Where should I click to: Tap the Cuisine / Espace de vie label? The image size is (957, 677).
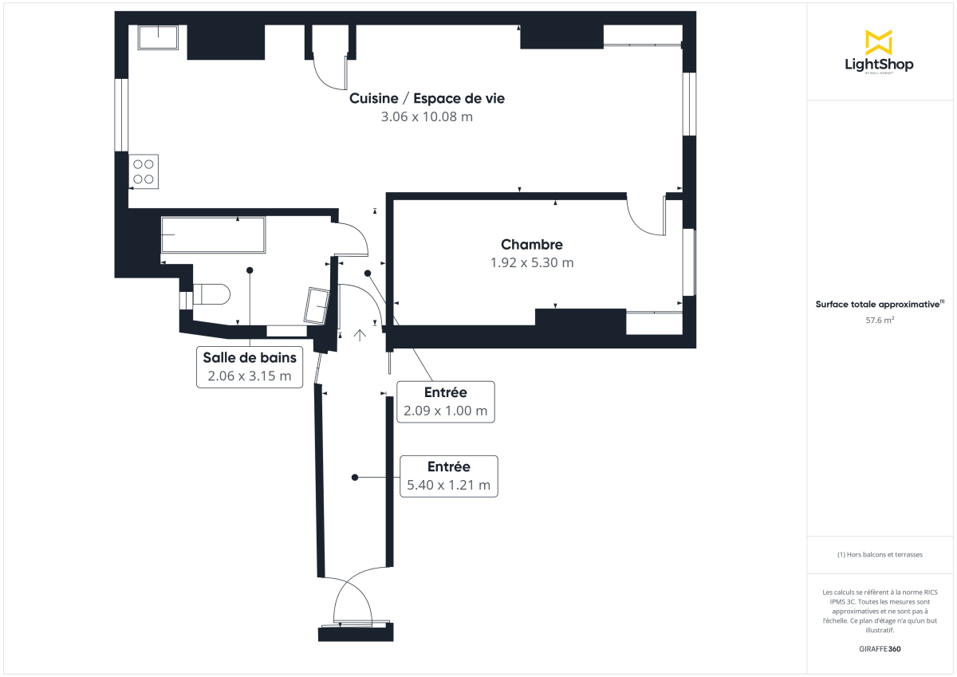click(x=427, y=99)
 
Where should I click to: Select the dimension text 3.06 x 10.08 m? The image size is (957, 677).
click(x=427, y=117)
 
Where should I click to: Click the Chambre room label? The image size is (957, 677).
click(x=532, y=245)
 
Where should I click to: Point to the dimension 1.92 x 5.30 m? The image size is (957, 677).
click(x=532, y=262)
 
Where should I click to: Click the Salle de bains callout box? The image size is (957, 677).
click(x=250, y=367)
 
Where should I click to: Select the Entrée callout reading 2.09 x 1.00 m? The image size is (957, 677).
click(x=447, y=402)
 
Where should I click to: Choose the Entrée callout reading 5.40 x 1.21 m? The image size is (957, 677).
click(x=449, y=476)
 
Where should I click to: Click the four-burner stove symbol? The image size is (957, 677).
click(x=144, y=171)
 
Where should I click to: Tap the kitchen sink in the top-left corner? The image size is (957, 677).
click(x=159, y=37)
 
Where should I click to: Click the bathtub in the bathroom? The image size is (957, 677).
click(x=213, y=234)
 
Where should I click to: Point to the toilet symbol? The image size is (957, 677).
click(x=211, y=295)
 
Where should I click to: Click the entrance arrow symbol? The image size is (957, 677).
click(x=360, y=336)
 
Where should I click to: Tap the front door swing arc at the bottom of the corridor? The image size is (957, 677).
click(x=352, y=594)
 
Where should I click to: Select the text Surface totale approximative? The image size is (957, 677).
click(x=878, y=304)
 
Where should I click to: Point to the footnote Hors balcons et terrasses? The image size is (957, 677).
click(x=880, y=554)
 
